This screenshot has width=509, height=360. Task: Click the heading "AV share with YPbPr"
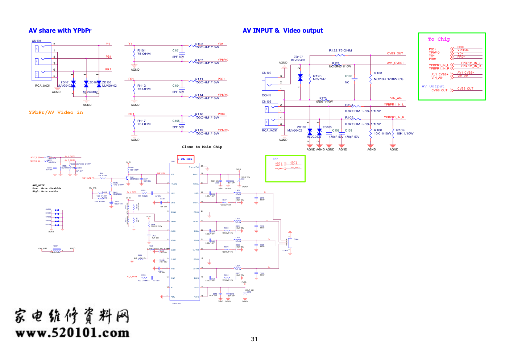pos(60,31)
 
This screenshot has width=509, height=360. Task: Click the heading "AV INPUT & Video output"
pos(282,31)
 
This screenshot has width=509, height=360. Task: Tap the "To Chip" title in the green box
pos(439,39)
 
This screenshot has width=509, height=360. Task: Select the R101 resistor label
pos(141,51)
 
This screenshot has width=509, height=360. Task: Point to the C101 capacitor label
pos(176,51)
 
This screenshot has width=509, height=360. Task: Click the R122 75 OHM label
pos(340,51)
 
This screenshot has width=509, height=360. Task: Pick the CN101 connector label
pos(37,41)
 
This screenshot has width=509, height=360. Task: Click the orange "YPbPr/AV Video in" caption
pos(56,112)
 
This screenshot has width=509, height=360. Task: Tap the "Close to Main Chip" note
pos(202,147)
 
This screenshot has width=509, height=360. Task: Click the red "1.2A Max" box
pos(185,159)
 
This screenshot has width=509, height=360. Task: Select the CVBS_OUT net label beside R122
pos(395,53)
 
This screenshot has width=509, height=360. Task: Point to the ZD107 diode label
pos(298,57)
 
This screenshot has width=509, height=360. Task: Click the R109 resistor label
pos(400,130)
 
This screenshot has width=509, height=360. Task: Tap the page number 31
pos(254,339)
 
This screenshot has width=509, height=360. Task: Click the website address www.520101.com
pos(72,333)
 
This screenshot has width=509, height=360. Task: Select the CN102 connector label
pos(266,73)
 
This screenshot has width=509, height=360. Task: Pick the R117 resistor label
pos(141,121)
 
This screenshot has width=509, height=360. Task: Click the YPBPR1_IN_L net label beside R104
pos(394,104)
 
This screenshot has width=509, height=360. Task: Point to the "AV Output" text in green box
pos(433,86)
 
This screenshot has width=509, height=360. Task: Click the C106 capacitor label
pos(348,76)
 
